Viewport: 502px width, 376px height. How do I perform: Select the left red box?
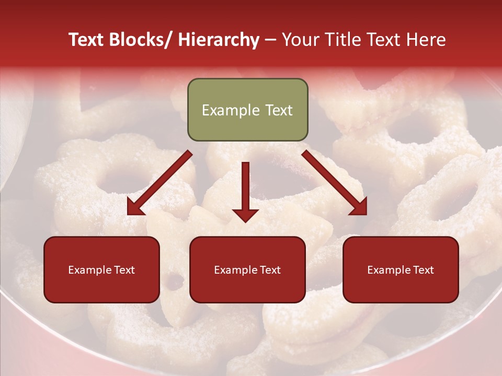pyautogui.click(x=101, y=269)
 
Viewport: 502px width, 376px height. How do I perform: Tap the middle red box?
pyautogui.click(x=247, y=269)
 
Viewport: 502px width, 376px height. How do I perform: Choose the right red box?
pyautogui.click(x=401, y=269)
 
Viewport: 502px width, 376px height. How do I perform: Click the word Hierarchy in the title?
pyautogui.click(x=219, y=40)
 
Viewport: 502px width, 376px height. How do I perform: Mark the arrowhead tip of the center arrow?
pyautogui.click(x=245, y=222)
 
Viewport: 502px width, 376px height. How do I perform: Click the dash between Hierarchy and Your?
pyautogui.click(x=270, y=40)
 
